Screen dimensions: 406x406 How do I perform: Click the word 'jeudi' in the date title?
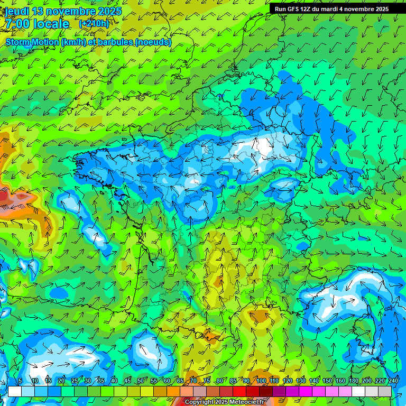tap(17, 11)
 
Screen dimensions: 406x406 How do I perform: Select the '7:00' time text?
tap(17, 24)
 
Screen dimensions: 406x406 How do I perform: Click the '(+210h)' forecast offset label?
tap(94, 24)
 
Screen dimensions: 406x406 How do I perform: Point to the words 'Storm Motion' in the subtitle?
tap(32, 42)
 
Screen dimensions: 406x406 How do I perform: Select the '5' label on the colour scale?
tap(20, 381)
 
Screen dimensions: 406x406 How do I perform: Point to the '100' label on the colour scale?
tap(261, 381)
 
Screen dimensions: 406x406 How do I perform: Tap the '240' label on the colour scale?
tap(393, 381)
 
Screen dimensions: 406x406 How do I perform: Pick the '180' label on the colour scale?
tap(353, 381)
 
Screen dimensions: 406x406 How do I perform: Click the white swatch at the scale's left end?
tap(15, 391)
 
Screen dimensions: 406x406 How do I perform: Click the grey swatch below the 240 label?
tap(385, 391)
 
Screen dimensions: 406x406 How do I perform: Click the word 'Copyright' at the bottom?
tap(199, 402)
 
